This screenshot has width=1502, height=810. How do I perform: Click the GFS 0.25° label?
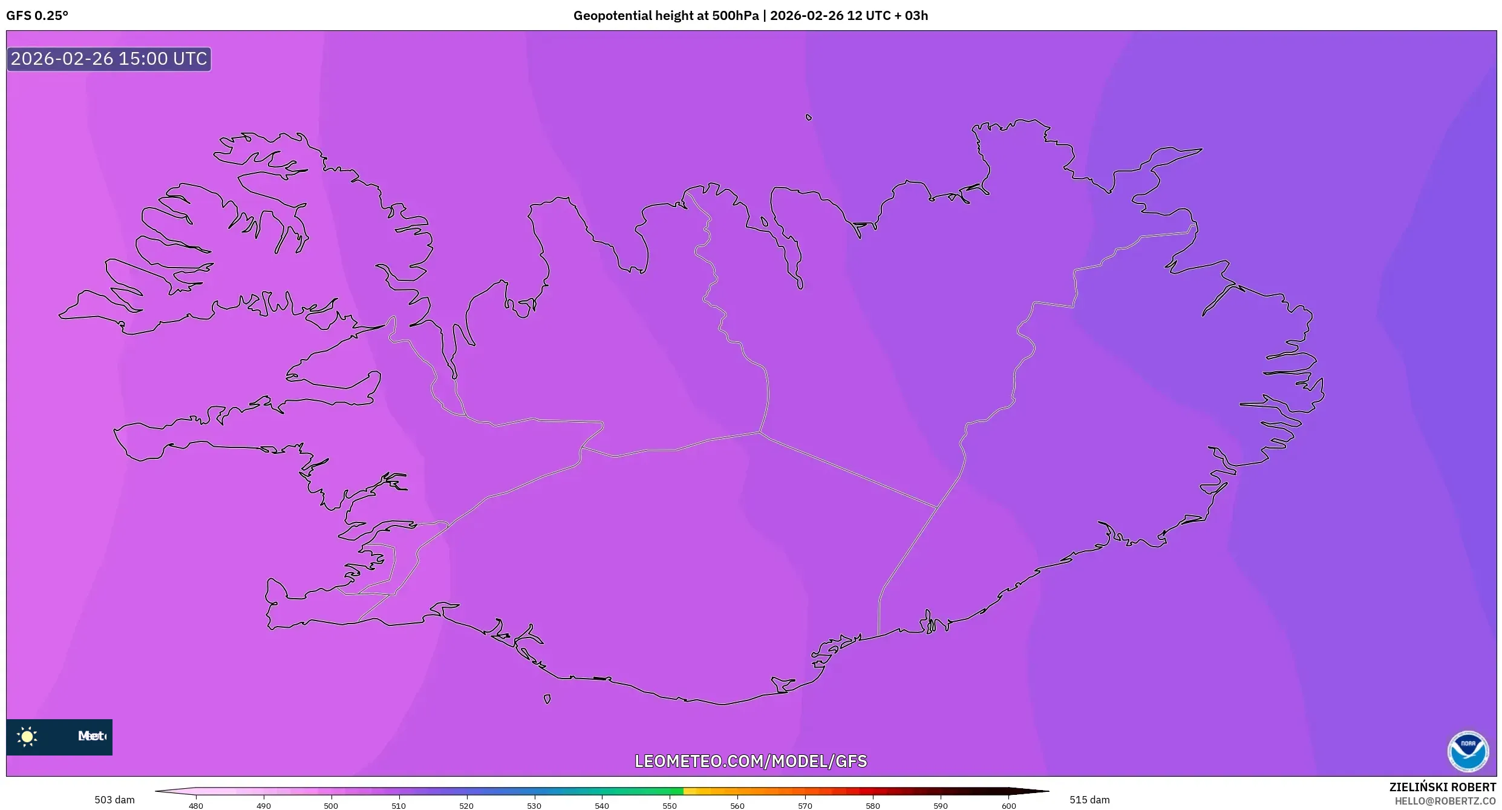pos(37,16)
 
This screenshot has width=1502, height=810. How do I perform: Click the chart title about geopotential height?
pos(750,16)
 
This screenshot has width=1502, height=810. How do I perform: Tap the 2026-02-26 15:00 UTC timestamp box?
pos(109,59)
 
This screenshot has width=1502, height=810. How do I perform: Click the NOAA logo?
pos(1468,751)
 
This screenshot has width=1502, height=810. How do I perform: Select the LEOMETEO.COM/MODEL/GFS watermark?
pos(750,761)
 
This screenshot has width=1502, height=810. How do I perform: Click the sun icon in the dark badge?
pos(27,736)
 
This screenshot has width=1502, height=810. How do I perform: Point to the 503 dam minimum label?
pos(114,800)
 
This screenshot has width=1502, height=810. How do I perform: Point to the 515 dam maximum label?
pos(1089,800)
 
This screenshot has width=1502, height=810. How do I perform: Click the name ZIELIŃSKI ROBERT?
pos(1442,787)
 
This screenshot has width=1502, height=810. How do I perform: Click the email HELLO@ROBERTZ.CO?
pos(1445,801)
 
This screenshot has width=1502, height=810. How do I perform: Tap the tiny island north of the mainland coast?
pos(809,117)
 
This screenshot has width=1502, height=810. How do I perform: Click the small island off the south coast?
pos(547,699)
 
